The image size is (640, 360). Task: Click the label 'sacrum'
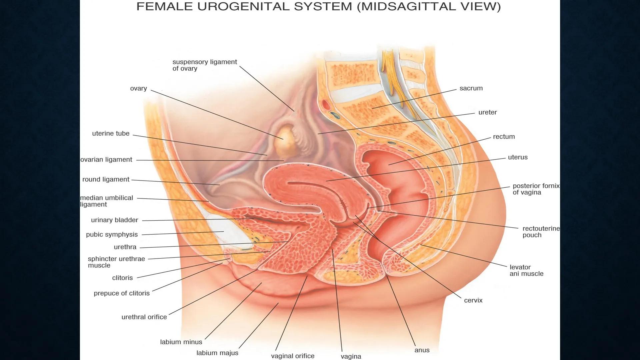coord(471,88)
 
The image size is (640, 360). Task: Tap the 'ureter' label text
coord(487,112)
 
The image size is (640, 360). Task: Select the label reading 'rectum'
coord(504,137)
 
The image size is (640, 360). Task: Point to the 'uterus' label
coord(518,157)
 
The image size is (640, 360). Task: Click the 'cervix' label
coord(473,300)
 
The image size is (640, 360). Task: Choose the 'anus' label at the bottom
coord(422,350)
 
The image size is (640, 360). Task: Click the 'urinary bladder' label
coord(114,220)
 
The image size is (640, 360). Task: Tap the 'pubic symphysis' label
coord(112,234)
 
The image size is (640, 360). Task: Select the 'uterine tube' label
coord(111,133)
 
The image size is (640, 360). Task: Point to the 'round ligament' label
coord(106,179)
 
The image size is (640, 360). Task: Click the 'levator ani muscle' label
coord(526,270)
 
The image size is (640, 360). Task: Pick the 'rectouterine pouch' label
coord(541,232)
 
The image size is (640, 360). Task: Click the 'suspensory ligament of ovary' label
coord(204,65)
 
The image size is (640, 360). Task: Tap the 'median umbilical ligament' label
coord(106,201)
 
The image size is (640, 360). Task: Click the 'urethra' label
coord(125,247)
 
